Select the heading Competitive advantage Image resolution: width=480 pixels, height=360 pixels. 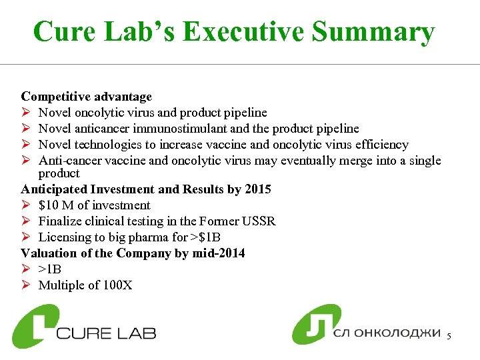[87, 97]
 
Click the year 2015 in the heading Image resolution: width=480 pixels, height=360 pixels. [257, 189]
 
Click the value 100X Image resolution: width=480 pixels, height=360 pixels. [118, 285]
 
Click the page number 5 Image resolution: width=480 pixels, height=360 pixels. [449, 336]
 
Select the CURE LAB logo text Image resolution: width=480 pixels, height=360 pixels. [107, 331]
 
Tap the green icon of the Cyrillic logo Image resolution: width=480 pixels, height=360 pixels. [316, 325]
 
